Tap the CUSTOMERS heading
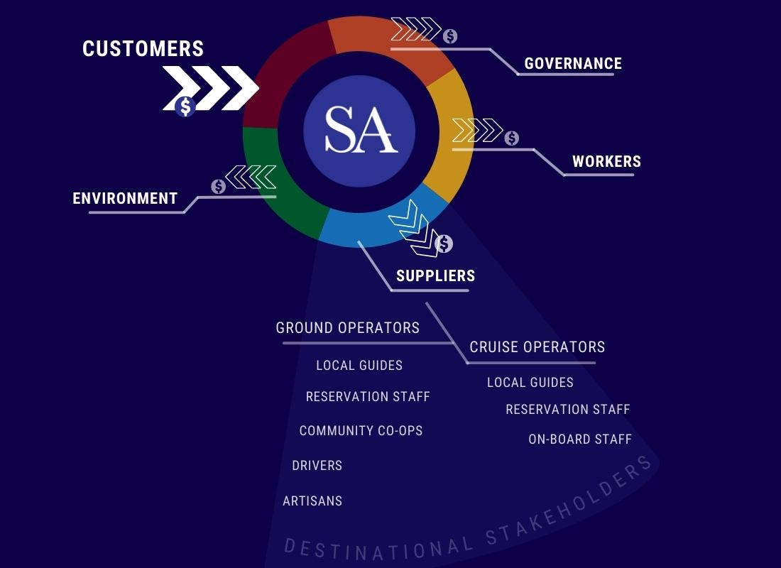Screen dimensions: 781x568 143,48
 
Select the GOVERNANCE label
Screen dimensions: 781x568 573,63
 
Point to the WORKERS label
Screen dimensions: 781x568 606,161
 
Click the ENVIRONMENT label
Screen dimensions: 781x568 125,198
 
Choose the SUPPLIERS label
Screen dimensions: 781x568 435,275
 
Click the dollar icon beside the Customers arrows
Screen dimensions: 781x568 185,107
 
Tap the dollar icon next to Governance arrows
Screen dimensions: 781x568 450,36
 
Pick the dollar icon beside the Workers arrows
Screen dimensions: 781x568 511,138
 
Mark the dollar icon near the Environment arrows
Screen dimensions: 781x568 218,186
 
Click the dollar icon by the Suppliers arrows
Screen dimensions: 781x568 444,244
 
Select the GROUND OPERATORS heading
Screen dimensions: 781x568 347,328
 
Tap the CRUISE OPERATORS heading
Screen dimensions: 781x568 537,346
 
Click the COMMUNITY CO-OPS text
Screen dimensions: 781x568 361,430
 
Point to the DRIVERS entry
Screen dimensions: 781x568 317,466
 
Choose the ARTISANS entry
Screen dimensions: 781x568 312,501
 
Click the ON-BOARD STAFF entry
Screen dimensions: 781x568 579,439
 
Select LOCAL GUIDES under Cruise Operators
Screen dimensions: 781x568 530,383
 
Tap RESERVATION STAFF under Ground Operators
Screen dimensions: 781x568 368,397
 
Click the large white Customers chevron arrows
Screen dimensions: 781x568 211,88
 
